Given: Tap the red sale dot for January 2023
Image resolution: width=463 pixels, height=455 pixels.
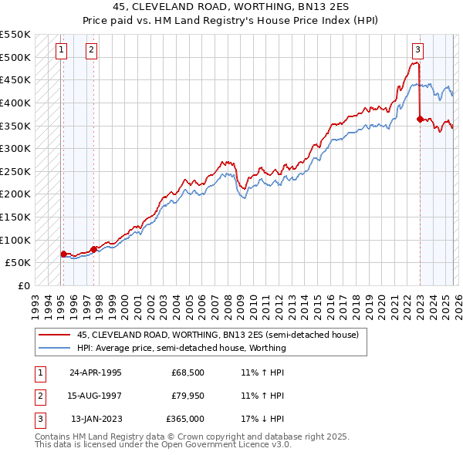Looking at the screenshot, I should (x=420, y=119).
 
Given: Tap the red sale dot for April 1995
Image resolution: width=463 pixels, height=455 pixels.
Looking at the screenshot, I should (x=63, y=254).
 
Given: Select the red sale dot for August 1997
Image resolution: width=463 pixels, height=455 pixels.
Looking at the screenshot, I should (x=93, y=248).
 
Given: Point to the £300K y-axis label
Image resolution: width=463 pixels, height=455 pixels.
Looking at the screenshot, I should (x=15, y=148).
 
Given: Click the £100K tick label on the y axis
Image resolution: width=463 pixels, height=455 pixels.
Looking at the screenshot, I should (x=15, y=240).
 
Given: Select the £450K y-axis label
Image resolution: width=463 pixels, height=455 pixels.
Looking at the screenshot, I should (x=15, y=79).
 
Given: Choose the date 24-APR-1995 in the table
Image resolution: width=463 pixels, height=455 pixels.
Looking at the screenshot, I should (x=96, y=372).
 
